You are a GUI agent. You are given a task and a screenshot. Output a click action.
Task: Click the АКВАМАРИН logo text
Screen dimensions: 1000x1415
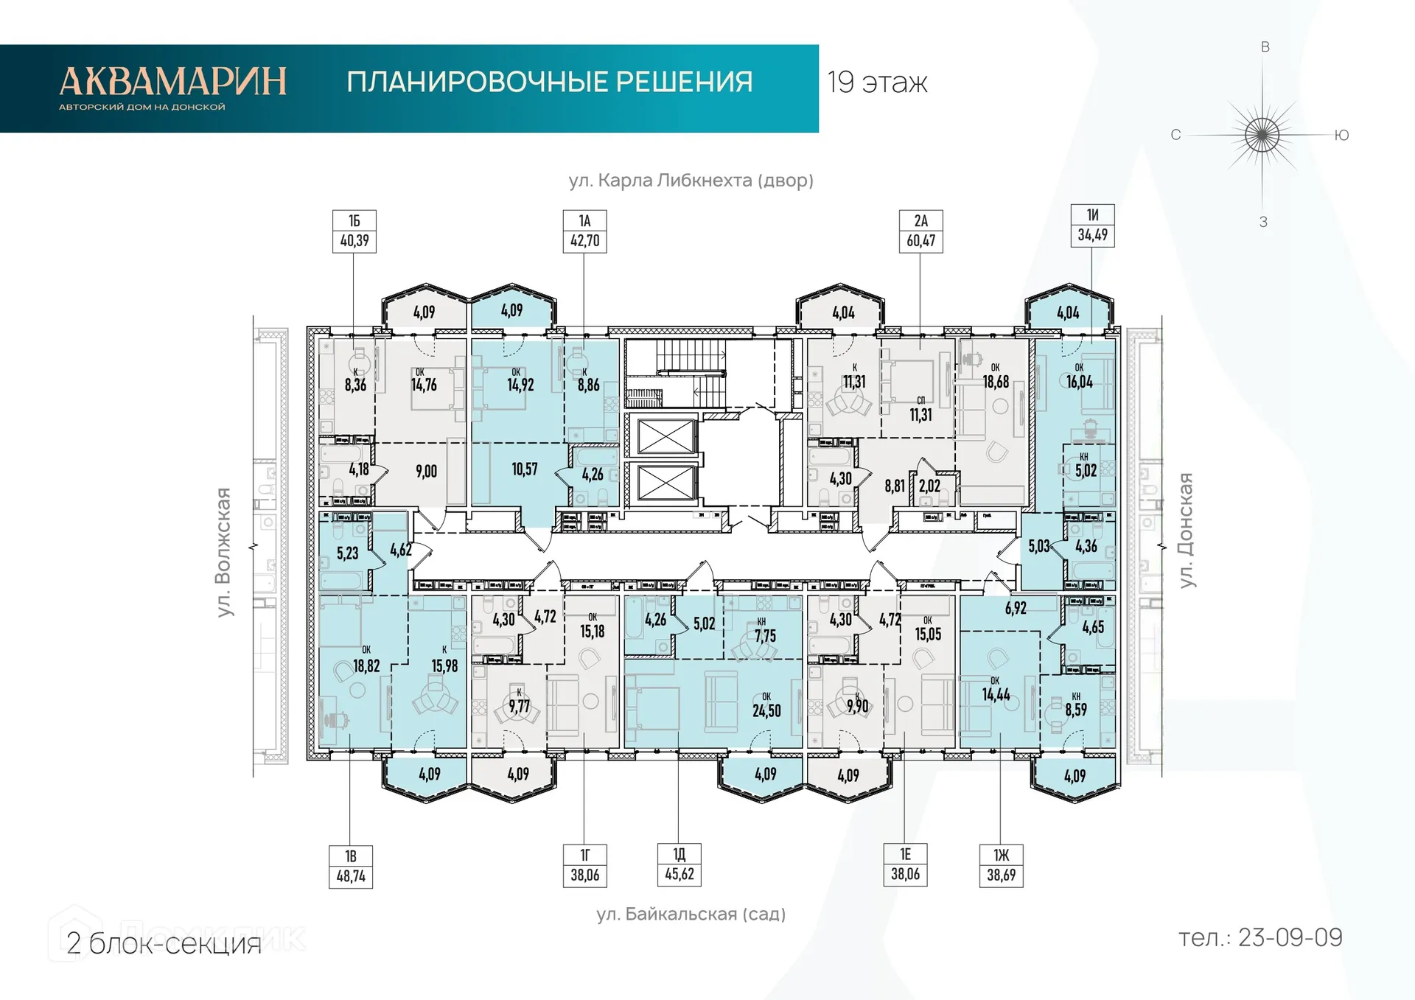[172, 82]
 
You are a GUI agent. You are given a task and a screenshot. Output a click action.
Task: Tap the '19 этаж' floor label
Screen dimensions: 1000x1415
[877, 83]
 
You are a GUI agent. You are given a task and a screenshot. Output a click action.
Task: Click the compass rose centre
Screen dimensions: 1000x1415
[1262, 135]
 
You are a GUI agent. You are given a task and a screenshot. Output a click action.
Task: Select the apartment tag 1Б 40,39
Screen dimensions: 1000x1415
[354, 231]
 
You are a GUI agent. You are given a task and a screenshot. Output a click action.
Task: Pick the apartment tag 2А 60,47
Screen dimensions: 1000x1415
[920, 231]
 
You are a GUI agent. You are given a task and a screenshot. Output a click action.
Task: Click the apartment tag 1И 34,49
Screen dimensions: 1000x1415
[1092, 225]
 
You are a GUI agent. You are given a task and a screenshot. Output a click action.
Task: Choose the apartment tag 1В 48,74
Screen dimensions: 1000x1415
[351, 867]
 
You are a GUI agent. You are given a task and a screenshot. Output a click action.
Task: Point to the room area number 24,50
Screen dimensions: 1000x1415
[766, 711]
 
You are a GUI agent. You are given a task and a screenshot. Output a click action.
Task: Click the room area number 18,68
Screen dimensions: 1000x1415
[996, 382]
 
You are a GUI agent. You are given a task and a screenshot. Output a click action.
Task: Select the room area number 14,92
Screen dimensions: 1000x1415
[520, 385]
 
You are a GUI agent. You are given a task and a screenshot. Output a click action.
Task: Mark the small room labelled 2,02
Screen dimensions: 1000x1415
[929, 486]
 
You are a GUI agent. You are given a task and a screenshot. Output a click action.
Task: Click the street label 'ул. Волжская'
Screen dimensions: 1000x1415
[224, 552]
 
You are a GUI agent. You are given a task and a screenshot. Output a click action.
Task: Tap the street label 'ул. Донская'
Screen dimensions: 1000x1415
[1186, 531]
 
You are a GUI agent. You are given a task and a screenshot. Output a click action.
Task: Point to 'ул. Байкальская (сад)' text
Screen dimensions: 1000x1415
[691, 915]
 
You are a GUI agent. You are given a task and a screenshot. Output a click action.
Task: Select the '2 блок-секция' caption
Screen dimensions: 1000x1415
[164, 944]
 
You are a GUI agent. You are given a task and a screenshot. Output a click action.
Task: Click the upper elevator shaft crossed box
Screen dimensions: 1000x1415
[666, 436]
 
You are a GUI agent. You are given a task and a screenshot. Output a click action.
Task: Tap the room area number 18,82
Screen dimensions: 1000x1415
[366, 666]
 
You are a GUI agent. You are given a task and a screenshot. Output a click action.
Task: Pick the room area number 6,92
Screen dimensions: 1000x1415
[1016, 609]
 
